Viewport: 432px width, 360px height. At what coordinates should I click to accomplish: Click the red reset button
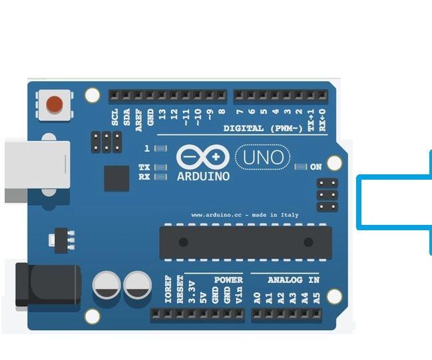pyautogui.click(x=54, y=104)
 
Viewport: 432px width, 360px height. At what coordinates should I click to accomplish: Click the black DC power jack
pyautogui.click(x=47, y=285)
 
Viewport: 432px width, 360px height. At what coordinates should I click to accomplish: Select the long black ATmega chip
pyautogui.click(x=245, y=242)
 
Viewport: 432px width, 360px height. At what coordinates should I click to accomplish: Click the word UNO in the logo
pyautogui.click(x=263, y=158)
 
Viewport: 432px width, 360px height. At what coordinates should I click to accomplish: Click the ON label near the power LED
pyautogui.click(x=316, y=167)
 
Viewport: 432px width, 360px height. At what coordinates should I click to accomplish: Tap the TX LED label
pyautogui.click(x=144, y=167)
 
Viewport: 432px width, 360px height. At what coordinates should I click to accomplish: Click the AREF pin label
pyautogui.click(x=138, y=117)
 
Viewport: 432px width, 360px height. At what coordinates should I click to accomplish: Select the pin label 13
pyautogui.click(x=162, y=115)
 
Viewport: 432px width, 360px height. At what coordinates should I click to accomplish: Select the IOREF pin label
pyautogui.click(x=168, y=290)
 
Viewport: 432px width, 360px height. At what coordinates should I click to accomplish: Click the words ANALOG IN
pyautogui.click(x=294, y=280)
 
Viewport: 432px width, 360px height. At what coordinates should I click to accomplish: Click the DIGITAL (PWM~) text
pyautogui.click(x=263, y=128)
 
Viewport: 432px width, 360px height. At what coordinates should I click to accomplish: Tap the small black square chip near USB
pyautogui.click(x=116, y=178)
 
